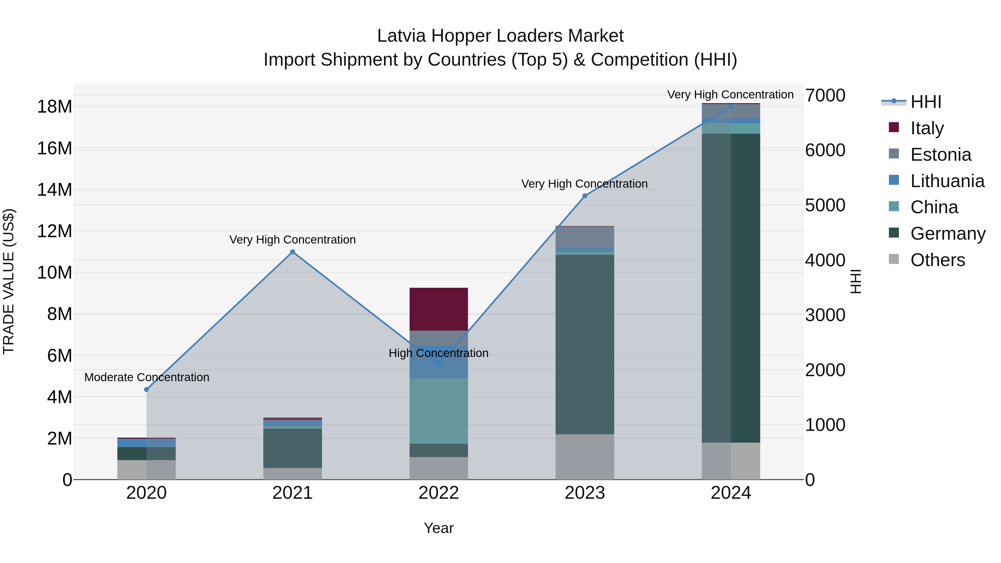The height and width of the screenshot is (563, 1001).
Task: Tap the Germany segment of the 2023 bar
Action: point(584,344)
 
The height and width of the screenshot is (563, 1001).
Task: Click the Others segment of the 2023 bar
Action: point(584,457)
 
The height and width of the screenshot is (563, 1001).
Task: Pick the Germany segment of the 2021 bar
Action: point(292,448)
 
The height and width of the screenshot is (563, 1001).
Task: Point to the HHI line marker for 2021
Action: point(293,252)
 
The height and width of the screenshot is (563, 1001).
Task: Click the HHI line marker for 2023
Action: point(585,196)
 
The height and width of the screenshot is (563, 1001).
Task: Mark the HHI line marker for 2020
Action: point(147,389)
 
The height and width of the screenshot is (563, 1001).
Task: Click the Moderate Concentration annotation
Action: point(147,377)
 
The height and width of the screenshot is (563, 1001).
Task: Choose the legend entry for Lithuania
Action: point(947,181)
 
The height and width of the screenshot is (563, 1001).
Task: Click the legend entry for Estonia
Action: point(940,155)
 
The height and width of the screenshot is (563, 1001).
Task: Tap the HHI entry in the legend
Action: point(926,102)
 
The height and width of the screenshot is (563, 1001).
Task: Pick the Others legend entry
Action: point(937,260)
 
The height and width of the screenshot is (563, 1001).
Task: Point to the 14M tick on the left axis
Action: point(54,190)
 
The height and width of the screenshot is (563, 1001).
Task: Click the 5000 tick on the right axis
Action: point(825,205)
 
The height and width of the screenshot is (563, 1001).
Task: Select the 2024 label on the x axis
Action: point(730,493)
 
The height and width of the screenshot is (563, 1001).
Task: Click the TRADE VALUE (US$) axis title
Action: point(9,281)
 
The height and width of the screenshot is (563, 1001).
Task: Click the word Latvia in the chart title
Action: point(402,36)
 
